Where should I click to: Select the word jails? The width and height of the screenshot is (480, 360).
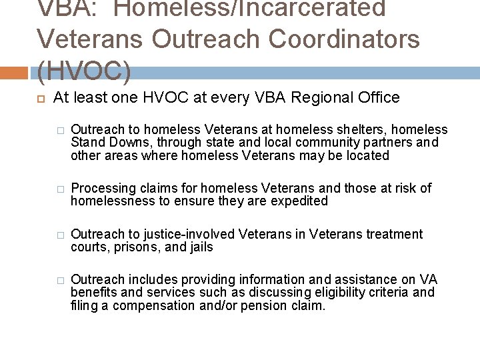pos(199,247)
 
